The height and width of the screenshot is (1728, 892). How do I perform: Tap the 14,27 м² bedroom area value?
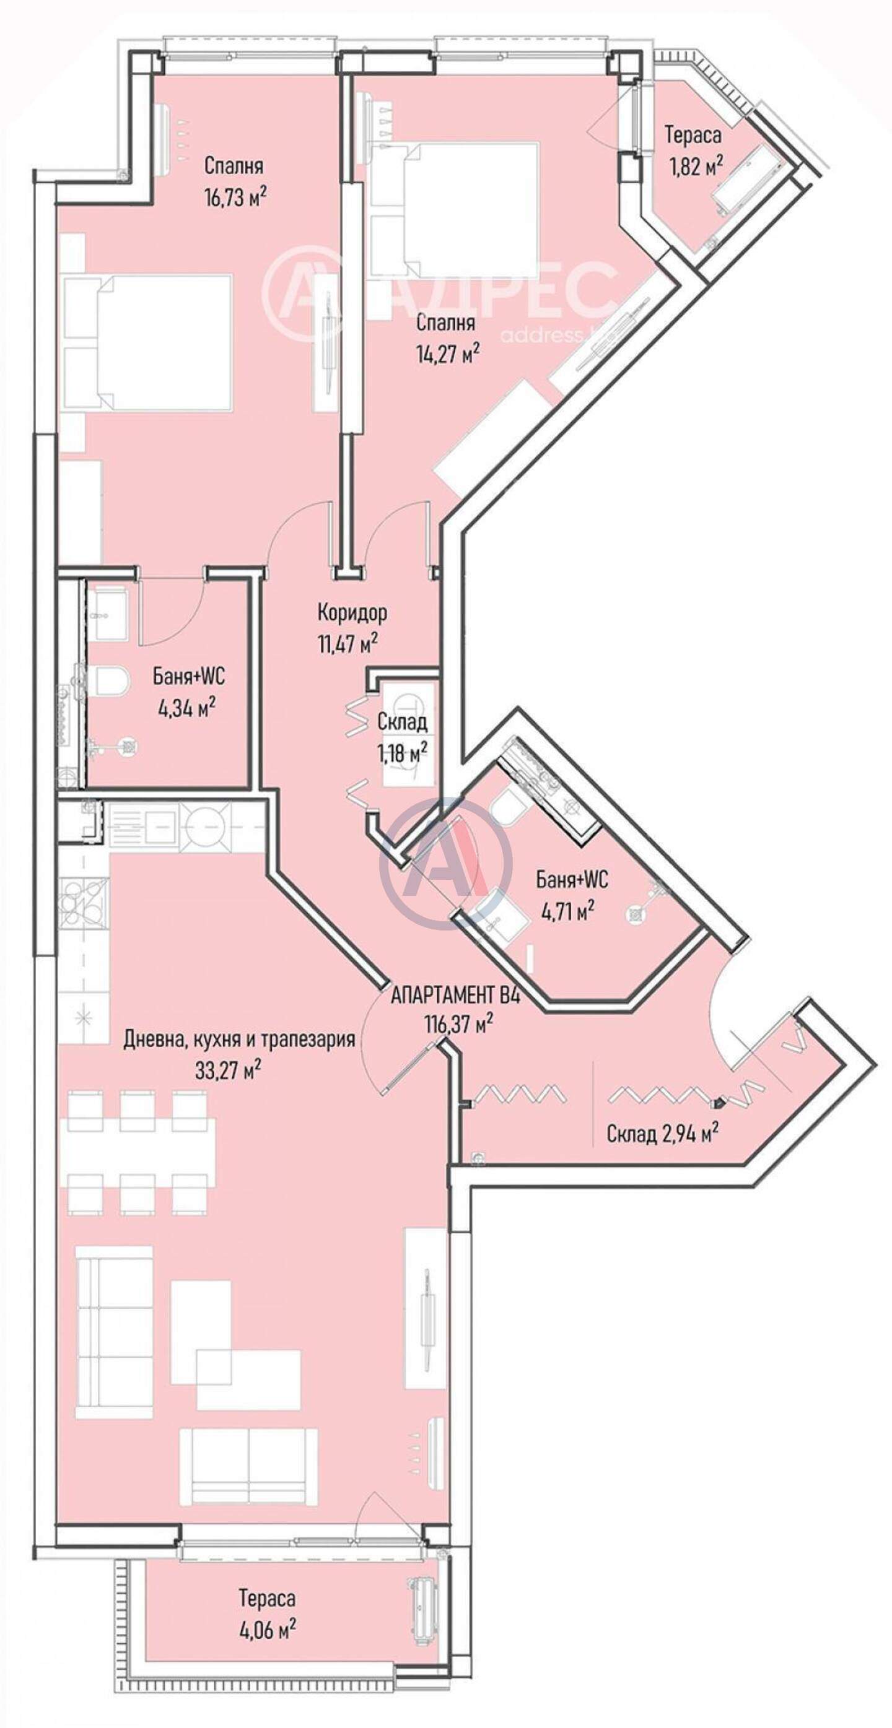pyautogui.click(x=448, y=354)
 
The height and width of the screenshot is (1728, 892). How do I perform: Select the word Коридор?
pyautogui.click(x=352, y=612)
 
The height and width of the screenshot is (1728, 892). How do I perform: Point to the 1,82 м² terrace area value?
pyautogui.click(x=694, y=166)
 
